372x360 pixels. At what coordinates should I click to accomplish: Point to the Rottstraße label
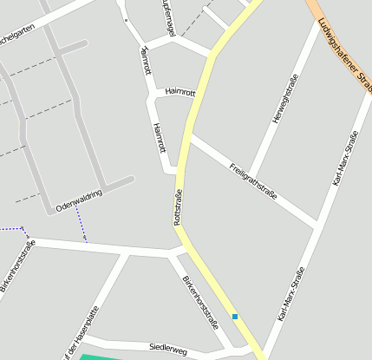point(179,207)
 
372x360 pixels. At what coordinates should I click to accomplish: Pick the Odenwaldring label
point(79,201)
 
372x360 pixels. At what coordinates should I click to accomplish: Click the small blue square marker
point(234,316)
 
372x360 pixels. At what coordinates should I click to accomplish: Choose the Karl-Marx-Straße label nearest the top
point(344,160)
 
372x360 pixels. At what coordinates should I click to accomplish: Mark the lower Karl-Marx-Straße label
point(291,294)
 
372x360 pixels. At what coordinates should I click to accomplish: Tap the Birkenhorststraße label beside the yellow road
point(201,303)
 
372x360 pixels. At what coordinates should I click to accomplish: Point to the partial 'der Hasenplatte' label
point(81,333)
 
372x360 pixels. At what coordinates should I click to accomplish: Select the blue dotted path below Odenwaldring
point(81,222)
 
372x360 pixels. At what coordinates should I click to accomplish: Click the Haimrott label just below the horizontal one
point(159,138)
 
